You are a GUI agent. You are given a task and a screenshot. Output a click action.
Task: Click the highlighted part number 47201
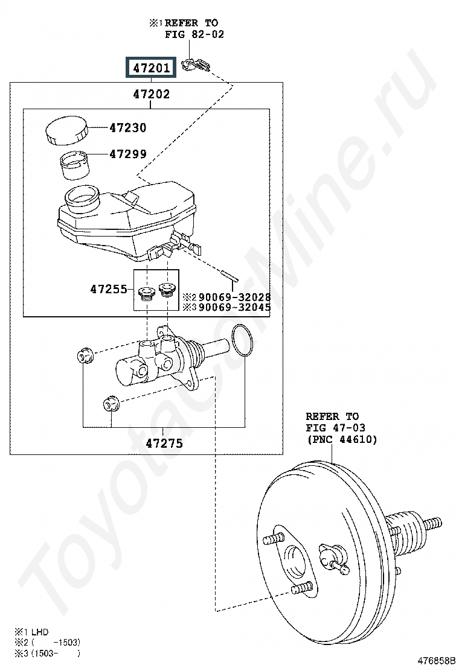pyautogui.click(x=151, y=67)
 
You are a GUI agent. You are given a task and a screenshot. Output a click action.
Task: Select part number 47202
pyautogui.click(x=151, y=94)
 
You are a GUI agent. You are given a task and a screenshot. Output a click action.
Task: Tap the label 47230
pyautogui.click(x=128, y=127)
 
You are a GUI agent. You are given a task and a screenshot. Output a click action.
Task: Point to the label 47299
pyautogui.click(x=128, y=154)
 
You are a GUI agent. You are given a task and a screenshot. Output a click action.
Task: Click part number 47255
pyautogui.click(x=109, y=289)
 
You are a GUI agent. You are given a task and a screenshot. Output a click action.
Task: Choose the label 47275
pyautogui.click(x=164, y=443)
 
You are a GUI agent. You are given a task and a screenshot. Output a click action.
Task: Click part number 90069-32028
pyautogui.click(x=235, y=296)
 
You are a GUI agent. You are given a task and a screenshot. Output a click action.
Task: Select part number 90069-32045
pyautogui.click(x=235, y=307)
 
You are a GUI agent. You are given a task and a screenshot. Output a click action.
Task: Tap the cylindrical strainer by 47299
pyautogui.click(x=74, y=165)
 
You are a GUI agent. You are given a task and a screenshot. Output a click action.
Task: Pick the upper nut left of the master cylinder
pyautogui.click(x=85, y=357)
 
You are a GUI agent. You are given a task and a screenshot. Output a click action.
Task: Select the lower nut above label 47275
pyautogui.click(x=111, y=403)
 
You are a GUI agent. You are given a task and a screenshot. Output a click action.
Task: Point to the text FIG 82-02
pyautogui.click(x=194, y=34)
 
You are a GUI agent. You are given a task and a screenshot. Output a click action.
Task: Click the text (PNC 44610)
pyautogui.click(x=341, y=439)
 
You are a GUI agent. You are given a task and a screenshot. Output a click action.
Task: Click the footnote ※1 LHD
pyautogui.click(x=31, y=632)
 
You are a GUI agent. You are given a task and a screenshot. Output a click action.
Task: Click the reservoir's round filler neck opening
pyautogui.click(x=82, y=198)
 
